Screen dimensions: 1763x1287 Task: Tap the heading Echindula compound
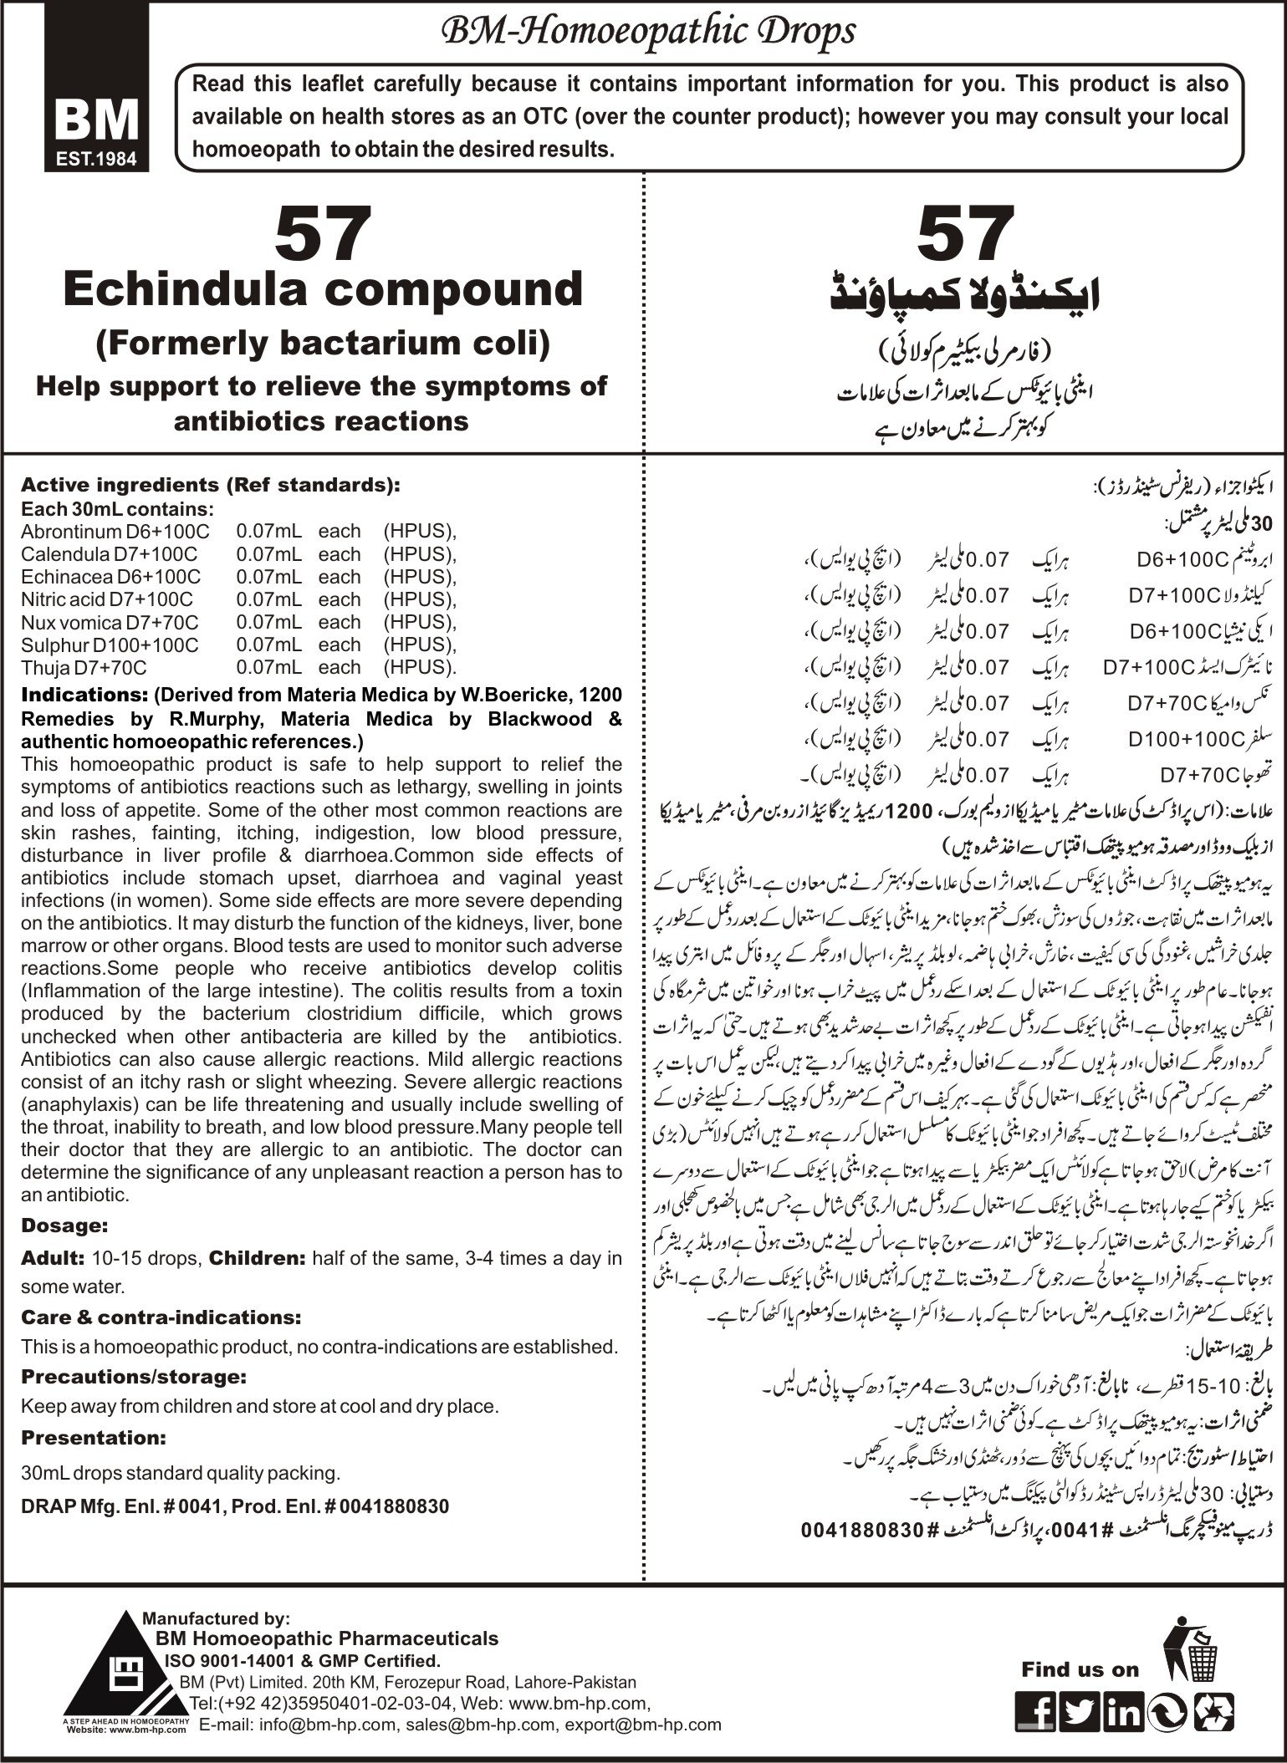point(323,289)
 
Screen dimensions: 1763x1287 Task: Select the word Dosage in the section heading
point(64,1226)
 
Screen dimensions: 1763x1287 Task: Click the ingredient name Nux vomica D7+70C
point(110,622)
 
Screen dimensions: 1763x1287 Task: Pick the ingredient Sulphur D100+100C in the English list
point(110,645)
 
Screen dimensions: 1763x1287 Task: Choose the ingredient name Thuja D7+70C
point(84,667)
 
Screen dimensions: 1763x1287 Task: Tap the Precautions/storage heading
point(134,1376)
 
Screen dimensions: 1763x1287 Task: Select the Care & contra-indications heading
point(161,1317)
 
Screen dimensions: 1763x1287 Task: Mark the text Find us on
point(1080,1670)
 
